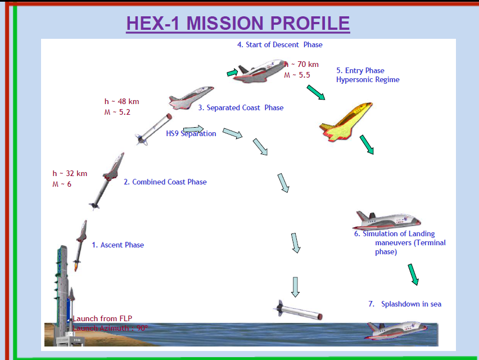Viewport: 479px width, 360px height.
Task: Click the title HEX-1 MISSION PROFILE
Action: pyautogui.click(x=238, y=23)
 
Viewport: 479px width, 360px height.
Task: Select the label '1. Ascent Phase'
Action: pyautogui.click(x=118, y=245)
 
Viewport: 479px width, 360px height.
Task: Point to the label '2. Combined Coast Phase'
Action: pyautogui.click(x=165, y=182)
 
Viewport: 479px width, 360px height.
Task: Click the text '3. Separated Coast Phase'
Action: pyautogui.click(x=241, y=108)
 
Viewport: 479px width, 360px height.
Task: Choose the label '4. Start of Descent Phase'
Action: pyautogui.click(x=280, y=45)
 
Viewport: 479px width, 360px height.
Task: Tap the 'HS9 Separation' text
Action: pyautogui.click(x=191, y=133)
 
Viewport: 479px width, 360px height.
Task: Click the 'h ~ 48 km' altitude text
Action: pyautogui.click(x=121, y=101)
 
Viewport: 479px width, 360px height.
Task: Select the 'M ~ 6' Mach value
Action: pyautogui.click(x=62, y=184)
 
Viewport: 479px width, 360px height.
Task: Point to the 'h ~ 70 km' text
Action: pyautogui.click(x=301, y=65)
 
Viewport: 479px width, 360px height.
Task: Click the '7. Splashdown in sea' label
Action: pyautogui.click(x=405, y=304)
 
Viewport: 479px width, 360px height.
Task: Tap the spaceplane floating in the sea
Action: pyautogui.click(x=396, y=330)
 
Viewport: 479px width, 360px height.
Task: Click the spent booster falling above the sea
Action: pyautogui.click(x=298, y=310)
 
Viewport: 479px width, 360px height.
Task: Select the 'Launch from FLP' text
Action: pyautogui.click(x=102, y=318)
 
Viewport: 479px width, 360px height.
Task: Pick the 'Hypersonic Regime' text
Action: pyautogui.click(x=368, y=80)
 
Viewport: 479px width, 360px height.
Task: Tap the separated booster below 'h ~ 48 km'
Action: pyautogui.click(x=153, y=129)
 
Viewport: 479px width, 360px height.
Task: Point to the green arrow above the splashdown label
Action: pyautogui.click(x=413, y=274)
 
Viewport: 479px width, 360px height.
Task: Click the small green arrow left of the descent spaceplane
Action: pyautogui.click(x=232, y=73)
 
